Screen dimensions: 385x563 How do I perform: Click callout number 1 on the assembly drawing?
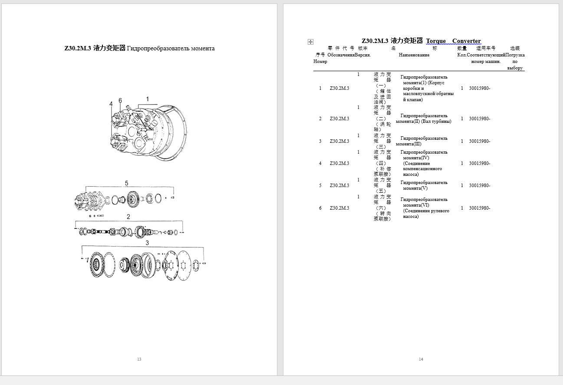(147, 99)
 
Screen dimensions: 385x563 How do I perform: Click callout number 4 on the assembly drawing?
(111, 104)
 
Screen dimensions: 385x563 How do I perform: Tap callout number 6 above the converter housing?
(120, 101)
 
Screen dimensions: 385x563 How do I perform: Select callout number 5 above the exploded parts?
(127, 183)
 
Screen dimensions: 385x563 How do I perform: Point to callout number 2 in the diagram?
(128, 217)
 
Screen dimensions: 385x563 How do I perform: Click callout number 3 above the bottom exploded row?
(147, 243)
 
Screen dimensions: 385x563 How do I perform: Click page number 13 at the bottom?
(139, 359)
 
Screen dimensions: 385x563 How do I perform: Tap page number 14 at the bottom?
(421, 359)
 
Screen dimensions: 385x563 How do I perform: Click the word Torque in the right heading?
(436, 41)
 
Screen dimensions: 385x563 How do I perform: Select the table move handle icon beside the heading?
(310, 42)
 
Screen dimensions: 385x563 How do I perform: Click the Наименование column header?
(414, 55)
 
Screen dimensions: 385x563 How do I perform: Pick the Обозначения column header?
(341, 55)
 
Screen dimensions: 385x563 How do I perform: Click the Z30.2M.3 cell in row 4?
(339, 163)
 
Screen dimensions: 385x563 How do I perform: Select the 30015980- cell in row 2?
(479, 118)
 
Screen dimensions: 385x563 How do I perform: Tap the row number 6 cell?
(320, 208)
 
